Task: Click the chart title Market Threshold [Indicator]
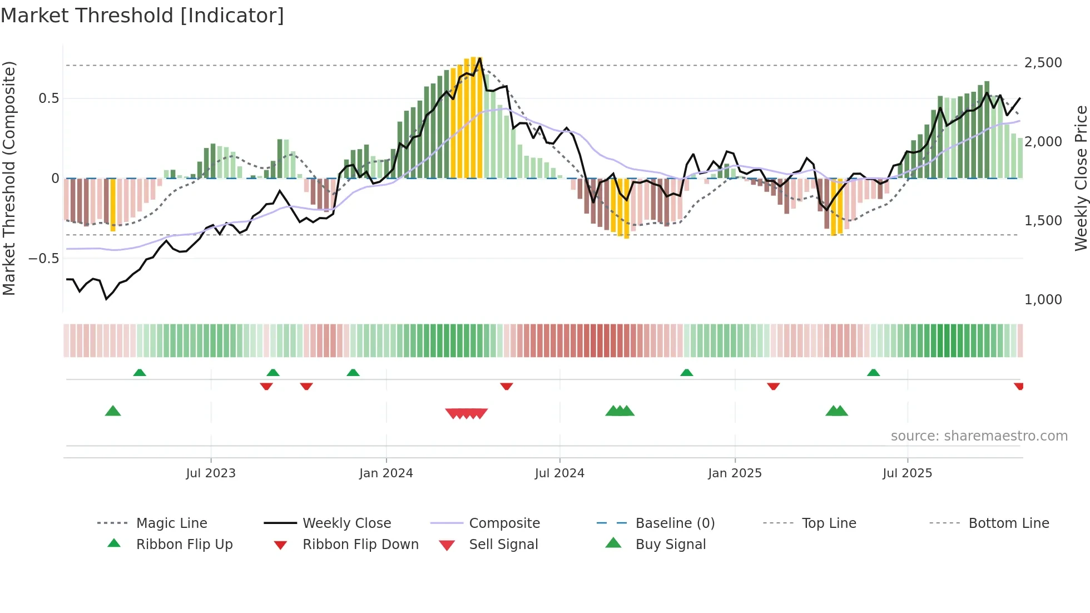142,16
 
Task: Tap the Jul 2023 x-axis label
211,473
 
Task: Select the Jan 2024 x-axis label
386,473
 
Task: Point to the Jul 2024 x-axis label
559,473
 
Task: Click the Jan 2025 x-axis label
735,473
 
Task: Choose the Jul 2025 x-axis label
907,473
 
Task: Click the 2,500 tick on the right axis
1043,63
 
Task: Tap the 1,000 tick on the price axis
1043,300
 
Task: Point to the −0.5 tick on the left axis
44,259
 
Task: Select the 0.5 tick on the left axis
48,98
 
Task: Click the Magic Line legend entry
171,523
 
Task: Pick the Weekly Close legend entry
346,523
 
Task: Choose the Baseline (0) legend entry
675,523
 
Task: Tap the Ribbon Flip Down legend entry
360,545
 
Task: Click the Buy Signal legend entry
670,545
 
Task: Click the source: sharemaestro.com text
979,436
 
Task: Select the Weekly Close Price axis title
1081,178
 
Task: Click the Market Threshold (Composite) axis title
9,178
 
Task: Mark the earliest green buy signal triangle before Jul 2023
113,411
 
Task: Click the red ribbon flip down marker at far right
1018,386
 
